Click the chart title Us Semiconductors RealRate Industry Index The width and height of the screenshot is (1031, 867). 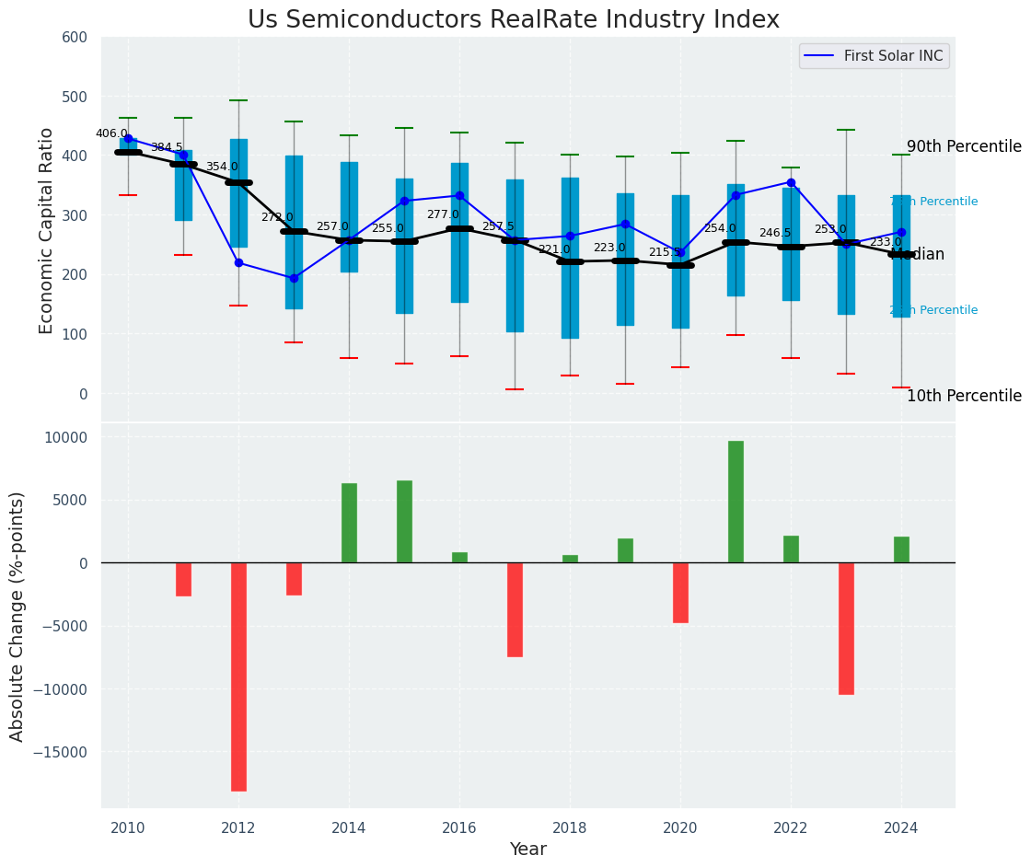(x=513, y=20)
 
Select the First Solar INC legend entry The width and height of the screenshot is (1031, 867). (x=875, y=56)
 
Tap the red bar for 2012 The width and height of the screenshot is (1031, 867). (x=238, y=676)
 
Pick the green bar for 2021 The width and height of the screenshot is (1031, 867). (x=736, y=502)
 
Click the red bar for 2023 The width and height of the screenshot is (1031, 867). (x=846, y=628)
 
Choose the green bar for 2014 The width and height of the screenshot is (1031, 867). (x=349, y=523)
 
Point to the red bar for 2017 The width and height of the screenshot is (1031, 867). (x=515, y=609)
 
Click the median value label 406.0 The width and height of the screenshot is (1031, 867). (x=111, y=134)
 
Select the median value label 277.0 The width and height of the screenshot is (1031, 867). (x=443, y=215)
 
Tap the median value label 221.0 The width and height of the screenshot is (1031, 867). (x=554, y=250)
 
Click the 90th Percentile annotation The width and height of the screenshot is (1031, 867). (x=964, y=147)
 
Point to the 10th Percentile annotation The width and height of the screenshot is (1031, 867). (x=964, y=397)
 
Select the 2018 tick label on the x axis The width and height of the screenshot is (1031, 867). (x=570, y=827)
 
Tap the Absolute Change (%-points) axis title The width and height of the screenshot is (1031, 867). (x=17, y=616)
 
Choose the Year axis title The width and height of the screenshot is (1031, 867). (x=527, y=850)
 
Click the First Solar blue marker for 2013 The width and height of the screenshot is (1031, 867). (x=294, y=278)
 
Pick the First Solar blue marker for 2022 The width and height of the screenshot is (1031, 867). (x=791, y=182)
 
